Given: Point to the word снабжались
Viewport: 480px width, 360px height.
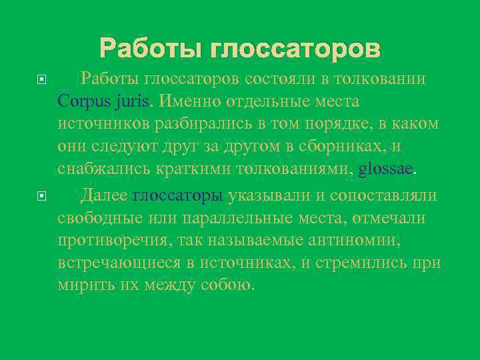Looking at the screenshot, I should [104, 169].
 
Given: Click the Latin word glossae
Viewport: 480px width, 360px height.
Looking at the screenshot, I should [386, 169].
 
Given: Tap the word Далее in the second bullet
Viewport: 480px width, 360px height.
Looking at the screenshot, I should [104, 195].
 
